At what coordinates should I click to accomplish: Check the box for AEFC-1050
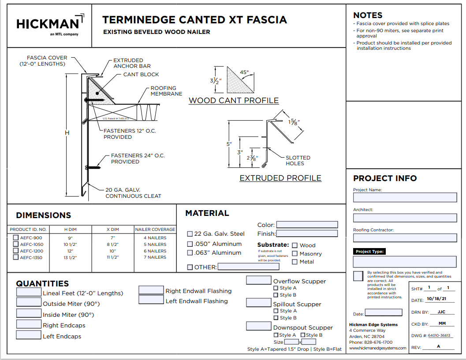click(16, 244)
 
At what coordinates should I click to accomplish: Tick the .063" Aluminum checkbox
click(190, 253)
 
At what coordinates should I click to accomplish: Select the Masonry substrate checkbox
click(295, 253)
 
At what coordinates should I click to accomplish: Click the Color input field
click(307, 225)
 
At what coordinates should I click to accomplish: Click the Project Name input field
click(405, 197)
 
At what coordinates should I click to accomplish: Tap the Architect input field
click(405, 218)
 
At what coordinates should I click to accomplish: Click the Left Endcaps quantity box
click(29, 335)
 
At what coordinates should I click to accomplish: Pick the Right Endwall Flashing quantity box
click(151, 290)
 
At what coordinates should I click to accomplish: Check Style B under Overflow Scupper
click(276, 295)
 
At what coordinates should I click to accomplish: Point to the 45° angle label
click(244, 72)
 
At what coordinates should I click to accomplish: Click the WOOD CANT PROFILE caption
click(234, 100)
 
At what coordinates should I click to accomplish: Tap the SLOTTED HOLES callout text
click(298, 160)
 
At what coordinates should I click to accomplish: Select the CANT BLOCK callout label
click(141, 74)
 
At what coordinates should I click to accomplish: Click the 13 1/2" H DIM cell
click(71, 257)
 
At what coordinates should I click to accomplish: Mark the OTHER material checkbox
click(190, 267)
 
